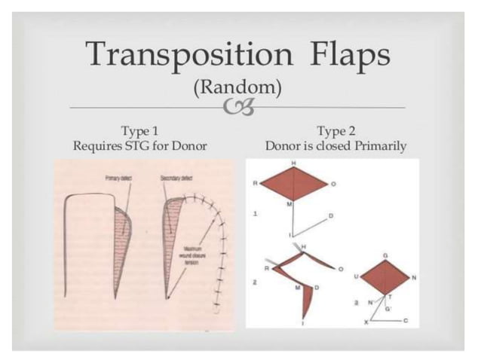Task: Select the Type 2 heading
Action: coord(335,130)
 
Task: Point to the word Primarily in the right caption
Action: coord(382,145)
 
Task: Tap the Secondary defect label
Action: coord(176,178)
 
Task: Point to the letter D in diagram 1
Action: coord(330,215)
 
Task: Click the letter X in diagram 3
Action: coord(367,322)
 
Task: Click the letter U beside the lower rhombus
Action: coord(355,277)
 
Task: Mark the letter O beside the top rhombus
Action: coord(332,182)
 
